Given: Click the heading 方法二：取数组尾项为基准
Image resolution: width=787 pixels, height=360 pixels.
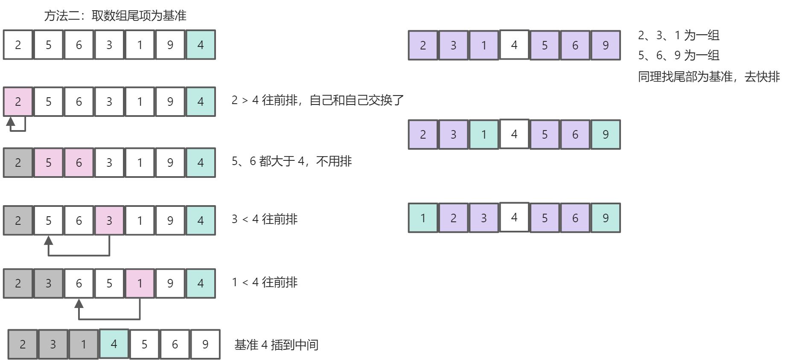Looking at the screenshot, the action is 115,16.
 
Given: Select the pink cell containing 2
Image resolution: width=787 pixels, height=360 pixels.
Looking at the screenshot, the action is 18,102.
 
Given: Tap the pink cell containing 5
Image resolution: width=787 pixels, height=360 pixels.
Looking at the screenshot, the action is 48,163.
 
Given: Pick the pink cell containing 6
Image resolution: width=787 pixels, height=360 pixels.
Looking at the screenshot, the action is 79,163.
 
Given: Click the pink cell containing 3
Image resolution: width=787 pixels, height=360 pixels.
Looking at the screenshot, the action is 109,221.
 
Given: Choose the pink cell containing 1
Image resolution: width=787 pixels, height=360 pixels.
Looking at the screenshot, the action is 140,283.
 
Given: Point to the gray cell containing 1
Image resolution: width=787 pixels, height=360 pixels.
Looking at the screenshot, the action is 83,344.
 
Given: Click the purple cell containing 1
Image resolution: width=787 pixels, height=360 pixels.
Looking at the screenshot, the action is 484,45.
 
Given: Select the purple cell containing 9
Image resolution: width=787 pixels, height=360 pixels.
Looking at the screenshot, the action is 606,45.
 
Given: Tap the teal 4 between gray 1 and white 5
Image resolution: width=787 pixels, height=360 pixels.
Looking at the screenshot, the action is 114,344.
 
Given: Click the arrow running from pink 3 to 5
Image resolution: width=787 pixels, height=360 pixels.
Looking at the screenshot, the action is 79,255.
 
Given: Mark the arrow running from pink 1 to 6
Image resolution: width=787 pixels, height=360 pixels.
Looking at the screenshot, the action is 109,318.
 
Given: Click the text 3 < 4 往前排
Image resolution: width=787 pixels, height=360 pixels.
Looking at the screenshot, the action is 264,219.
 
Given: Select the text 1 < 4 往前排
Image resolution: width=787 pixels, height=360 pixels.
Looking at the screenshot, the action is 264,282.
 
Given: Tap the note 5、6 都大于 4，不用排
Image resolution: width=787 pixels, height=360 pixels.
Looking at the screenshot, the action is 291,161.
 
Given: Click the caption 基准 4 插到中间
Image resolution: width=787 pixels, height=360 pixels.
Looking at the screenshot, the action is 276,345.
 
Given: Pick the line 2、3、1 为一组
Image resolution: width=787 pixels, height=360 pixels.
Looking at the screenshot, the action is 679,35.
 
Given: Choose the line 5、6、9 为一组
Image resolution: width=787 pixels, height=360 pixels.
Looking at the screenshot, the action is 679,55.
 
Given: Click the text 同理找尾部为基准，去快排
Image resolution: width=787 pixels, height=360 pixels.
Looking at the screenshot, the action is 708,77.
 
